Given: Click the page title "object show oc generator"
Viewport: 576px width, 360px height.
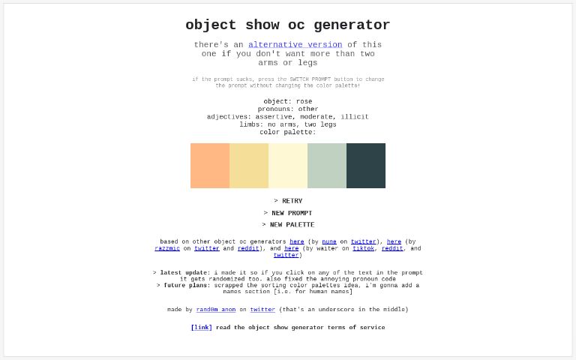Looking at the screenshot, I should click(288, 25).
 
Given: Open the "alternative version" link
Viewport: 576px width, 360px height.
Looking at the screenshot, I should click(295, 45).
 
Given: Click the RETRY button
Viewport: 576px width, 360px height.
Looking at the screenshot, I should click(288, 201).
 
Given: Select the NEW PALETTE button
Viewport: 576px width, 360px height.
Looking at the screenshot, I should click(288, 225).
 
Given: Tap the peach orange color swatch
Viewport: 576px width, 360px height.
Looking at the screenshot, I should click(210, 166).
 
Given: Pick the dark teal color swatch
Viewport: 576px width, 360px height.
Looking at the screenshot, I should click(366, 166).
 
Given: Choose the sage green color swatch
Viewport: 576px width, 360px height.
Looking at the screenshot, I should click(327, 166).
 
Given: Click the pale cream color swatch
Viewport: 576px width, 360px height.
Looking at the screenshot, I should click(288, 166).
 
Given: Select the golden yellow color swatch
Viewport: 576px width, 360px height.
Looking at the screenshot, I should click(249, 166).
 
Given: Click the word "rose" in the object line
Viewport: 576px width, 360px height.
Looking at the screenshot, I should click(304, 102).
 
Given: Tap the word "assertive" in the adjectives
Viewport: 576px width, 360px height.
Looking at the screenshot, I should click(274, 117).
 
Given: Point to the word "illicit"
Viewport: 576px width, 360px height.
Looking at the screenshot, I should click(355, 117).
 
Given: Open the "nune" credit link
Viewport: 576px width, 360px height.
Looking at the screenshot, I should click(329, 242).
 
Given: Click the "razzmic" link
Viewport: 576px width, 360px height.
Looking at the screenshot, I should click(167, 248).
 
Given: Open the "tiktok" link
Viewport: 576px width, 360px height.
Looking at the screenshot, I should click(364, 248).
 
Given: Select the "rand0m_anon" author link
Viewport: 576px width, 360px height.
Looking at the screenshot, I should click(216, 310).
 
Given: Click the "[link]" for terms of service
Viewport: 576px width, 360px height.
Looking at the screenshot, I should click(202, 328).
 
